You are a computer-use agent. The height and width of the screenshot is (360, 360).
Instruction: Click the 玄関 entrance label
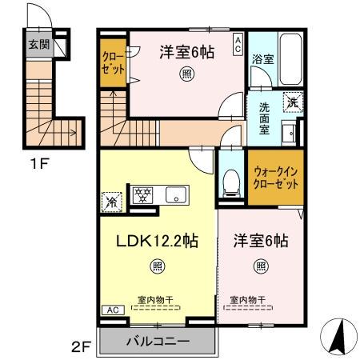(39, 45)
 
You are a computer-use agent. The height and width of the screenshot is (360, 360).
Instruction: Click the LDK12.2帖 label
(155, 240)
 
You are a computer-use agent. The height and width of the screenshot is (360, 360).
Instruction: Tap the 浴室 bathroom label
(262, 58)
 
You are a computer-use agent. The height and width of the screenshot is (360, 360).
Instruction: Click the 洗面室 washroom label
(263, 117)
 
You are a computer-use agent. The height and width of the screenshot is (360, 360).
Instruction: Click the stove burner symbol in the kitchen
(143, 194)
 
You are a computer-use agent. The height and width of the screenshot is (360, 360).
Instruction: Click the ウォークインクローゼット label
(274, 176)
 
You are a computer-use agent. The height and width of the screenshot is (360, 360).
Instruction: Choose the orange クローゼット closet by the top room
(112, 64)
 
